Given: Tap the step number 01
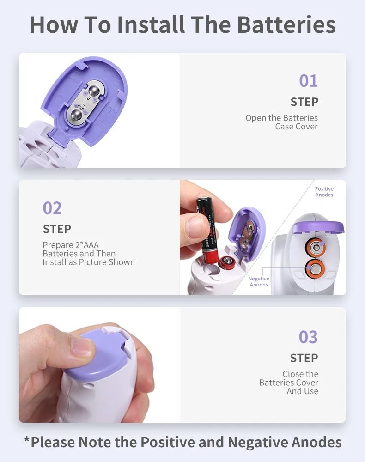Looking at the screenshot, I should [x=308, y=81].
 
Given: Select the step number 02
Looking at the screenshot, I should [x=52, y=208].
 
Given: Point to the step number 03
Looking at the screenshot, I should [x=308, y=337].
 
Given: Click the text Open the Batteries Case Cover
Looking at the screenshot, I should [x=282, y=122].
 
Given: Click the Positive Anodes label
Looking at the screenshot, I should [x=324, y=192].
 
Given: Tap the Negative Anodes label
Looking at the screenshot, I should [x=259, y=281].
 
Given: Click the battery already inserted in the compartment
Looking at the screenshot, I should [x=227, y=263].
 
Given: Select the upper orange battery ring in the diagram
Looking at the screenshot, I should [x=316, y=248].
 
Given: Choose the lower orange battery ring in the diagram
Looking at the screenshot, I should [x=315, y=267].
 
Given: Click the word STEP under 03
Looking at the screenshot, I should [x=304, y=358].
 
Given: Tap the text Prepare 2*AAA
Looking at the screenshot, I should [x=71, y=245].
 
